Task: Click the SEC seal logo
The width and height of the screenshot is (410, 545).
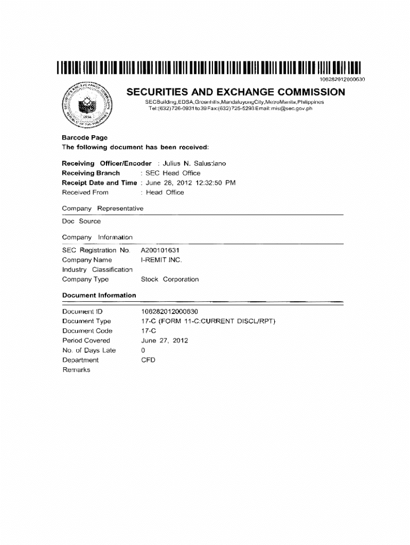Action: [88, 104]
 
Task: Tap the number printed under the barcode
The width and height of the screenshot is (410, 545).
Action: [342, 79]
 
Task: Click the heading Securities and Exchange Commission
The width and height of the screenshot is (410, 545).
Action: [235, 92]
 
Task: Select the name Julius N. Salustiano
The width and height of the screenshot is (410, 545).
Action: [191, 163]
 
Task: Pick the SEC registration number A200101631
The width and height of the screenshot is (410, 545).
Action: [163, 250]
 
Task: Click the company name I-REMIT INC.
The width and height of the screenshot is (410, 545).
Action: [161, 260]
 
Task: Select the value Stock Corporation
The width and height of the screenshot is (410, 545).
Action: [169, 279]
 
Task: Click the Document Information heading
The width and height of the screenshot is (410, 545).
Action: [99, 295]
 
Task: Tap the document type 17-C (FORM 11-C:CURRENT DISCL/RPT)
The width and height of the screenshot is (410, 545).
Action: [208, 321]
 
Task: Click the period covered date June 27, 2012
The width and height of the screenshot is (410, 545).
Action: [165, 341]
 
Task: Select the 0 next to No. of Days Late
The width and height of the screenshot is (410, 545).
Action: [143, 350]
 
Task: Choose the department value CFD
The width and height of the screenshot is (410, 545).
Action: [148, 360]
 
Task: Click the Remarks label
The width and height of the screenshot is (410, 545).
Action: [76, 370]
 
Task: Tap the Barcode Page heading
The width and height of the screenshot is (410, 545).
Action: [85, 137]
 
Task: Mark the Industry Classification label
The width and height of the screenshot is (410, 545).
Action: [97, 270]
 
